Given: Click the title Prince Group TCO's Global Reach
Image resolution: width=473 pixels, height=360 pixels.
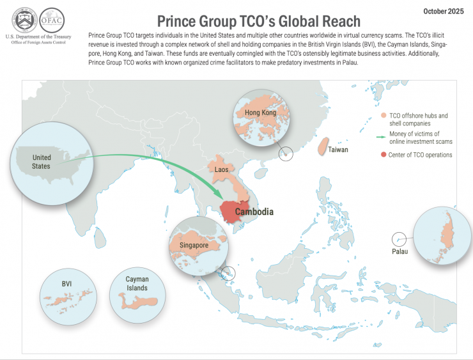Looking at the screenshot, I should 259,22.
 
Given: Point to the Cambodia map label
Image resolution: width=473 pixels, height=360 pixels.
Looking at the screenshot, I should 254,212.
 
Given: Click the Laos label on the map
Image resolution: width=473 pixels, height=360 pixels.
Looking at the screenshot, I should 222,169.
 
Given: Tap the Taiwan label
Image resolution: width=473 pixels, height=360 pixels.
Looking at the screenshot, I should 338,150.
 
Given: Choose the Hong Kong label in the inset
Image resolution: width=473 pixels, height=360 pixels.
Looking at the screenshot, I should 260,113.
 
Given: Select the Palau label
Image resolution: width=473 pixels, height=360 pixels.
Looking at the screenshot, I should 399,251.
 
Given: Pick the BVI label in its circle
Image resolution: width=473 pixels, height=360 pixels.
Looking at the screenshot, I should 65,283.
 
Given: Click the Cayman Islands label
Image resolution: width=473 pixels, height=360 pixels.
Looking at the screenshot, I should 137,283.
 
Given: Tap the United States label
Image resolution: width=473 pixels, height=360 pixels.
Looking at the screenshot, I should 41,162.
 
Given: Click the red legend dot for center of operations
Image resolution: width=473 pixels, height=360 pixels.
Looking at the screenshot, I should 383,155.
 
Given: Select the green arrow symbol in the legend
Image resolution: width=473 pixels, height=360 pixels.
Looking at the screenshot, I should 383,136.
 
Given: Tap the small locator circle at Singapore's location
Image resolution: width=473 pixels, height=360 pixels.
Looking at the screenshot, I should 228,274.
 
